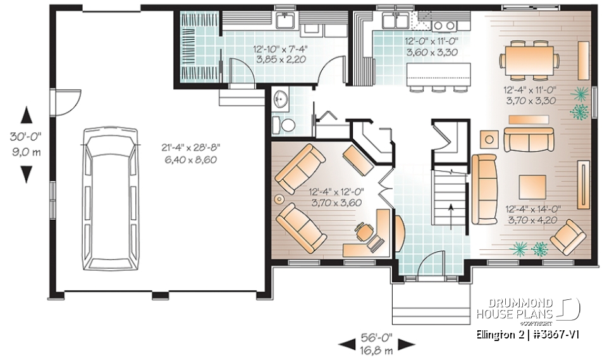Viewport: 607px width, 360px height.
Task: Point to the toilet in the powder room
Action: (288, 125)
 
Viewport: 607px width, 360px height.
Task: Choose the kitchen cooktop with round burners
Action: (445, 25)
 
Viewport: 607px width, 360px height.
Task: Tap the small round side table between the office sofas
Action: (279, 199)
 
